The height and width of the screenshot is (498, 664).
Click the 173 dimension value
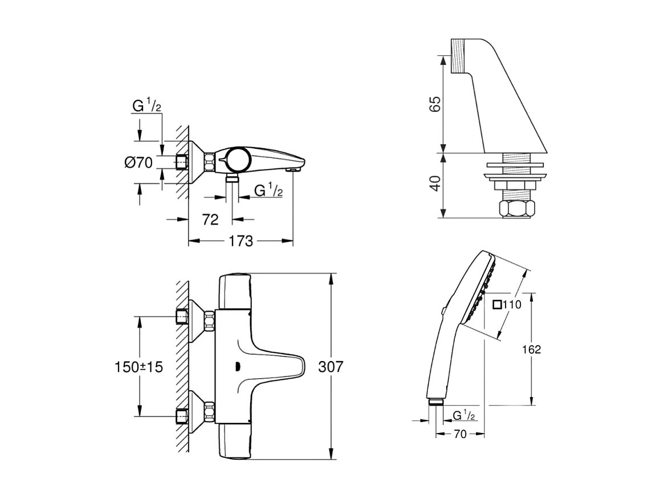[241, 241]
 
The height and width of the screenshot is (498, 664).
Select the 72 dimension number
[210, 219]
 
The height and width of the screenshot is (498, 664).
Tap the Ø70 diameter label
[138, 163]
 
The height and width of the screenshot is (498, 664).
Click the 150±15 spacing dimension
[139, 367]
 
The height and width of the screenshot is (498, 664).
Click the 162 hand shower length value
[531, 349]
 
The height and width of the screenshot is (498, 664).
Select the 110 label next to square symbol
[512, 305]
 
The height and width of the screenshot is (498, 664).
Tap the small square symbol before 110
[497, 305]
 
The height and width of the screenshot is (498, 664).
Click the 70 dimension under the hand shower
[460, 434]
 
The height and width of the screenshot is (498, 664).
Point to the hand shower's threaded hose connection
[436, 402]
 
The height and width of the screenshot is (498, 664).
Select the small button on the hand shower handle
[443, 311]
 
